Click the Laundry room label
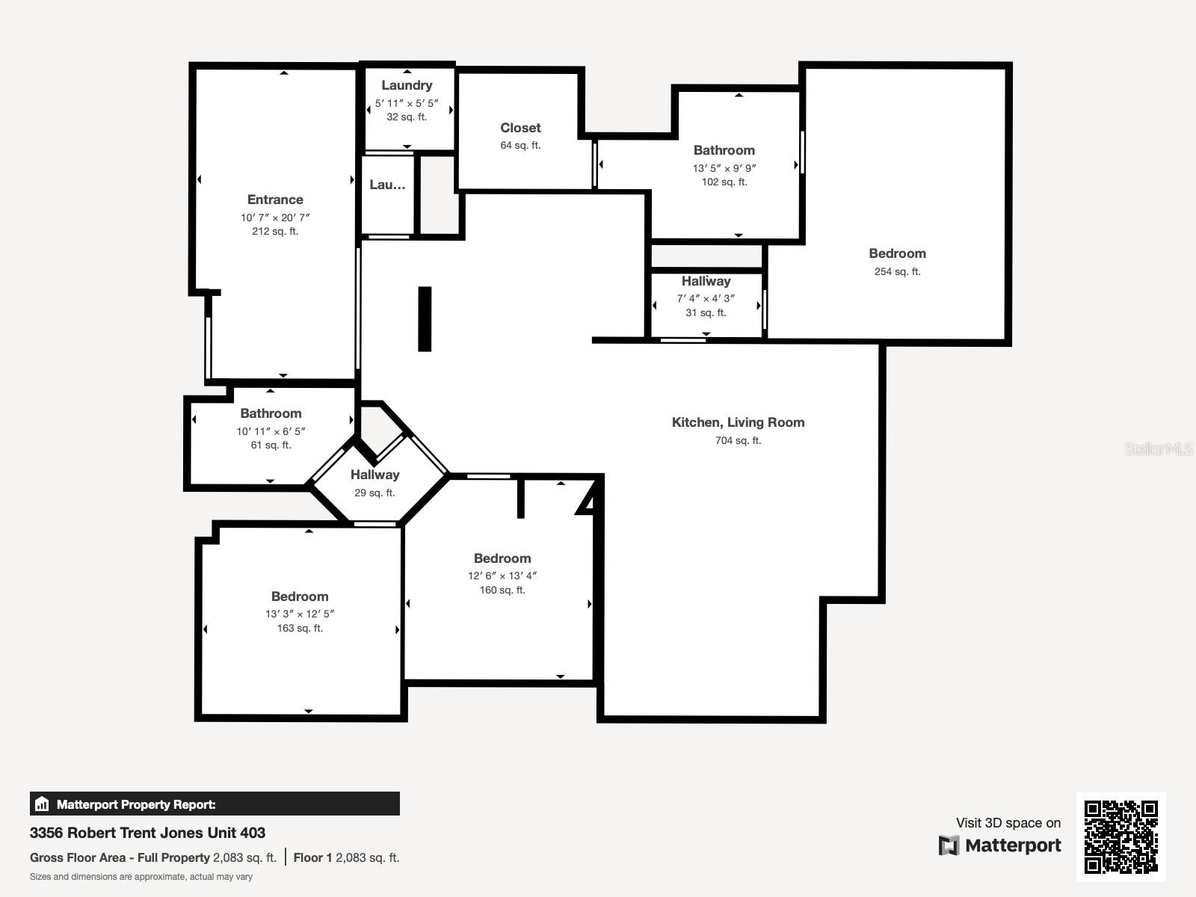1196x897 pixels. pyautogui.click(x=407, y=85)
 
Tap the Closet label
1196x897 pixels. pyautogui.click(x=520, y=128)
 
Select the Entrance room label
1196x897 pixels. pyautogui.click(x=275, y=200)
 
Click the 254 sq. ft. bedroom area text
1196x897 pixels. pyautogui.click(x=897, y=271)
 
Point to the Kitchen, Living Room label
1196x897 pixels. pyautogui.click(x=738, y=422)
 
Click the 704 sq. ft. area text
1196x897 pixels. pyautogui.click(x=738, y=440)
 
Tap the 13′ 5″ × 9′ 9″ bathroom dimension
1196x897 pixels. pyautogui.click(x=724, y=168)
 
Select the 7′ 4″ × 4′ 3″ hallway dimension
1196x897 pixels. pyautogui.click(x=706, y=298)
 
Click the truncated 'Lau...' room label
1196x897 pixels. pyautogui.click(x=387, y=185)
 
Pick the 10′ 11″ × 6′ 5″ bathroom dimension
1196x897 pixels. pyautogui.click(x=271, y=431)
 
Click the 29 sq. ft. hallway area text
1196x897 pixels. pyautogui.click(x=374, y=493)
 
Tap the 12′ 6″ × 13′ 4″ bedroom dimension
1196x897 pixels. pyautogui.click(x=502, y=576)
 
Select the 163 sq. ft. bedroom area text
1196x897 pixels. pyautogui.click(x=300, y=628)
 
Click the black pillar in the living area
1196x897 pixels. pyautogui.click(x=425, y=319)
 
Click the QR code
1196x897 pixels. pyautogui.click(x=1121, y=836)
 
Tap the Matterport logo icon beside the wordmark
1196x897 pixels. pyautogui.click(x=949, y=845)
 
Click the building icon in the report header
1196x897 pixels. pyautogui.click(x=42, y=804)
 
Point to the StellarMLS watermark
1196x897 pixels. pyautogui.click(x=1159, y=449)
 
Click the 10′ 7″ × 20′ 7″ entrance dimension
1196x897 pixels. pyautogui.click(x=275, y=218)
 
